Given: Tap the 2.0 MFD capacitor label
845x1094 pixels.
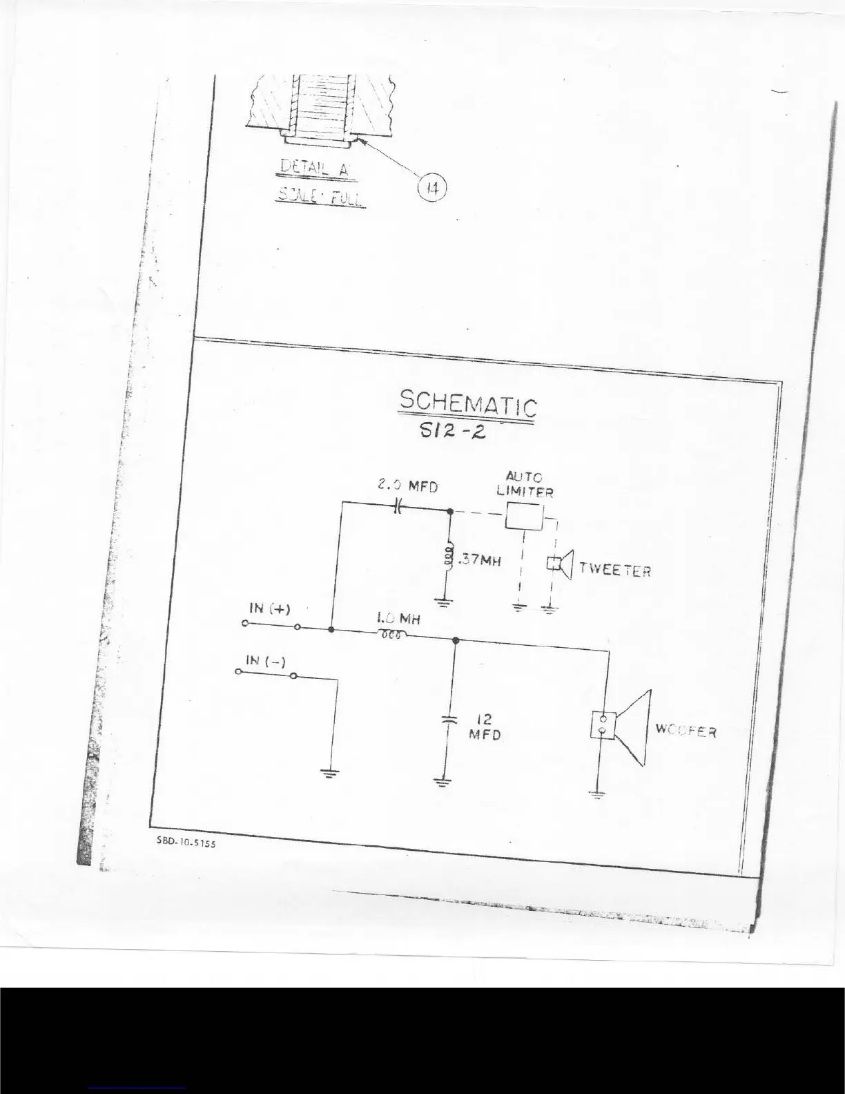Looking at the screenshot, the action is click(x=407, y=486).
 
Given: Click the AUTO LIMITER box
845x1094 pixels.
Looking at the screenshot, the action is click(x=524, y=516).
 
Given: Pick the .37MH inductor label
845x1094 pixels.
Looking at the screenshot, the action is click(x=478, y=561).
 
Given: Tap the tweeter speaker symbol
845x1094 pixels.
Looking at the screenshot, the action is click(x=561, y=564).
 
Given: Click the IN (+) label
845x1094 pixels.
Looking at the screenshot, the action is click(x=269, y=608).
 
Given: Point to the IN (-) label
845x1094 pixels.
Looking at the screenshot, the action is click(x=266, y=661).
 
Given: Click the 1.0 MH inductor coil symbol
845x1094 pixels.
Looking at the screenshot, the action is click(x=391, y=635).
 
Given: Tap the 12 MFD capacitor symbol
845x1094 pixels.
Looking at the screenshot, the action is click(x=449, y=718).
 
